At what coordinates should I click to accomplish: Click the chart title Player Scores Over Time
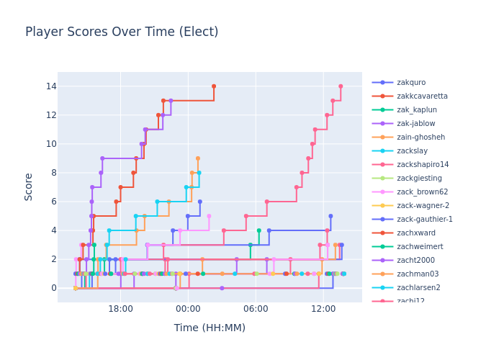tap(122, 32)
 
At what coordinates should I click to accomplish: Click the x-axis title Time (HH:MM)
tap(210, 328)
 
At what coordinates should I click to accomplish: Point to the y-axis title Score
tap(29, 186)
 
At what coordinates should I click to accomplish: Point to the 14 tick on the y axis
tap(47, 86)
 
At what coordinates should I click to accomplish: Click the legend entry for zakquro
tap(410, 83)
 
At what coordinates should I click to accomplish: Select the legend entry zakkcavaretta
tap(422, 96)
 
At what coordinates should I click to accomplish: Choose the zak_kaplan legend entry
tap(416, 110)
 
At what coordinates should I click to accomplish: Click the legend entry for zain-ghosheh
tap(420, 138)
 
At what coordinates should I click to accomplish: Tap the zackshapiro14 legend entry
tap(422, 165)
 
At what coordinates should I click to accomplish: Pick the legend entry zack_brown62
tap(421, 192)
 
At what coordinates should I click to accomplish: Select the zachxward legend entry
tap(415, 233)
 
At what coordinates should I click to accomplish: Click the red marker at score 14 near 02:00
tap(213, 86)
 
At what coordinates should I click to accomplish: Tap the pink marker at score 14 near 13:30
tap(341, 86)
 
